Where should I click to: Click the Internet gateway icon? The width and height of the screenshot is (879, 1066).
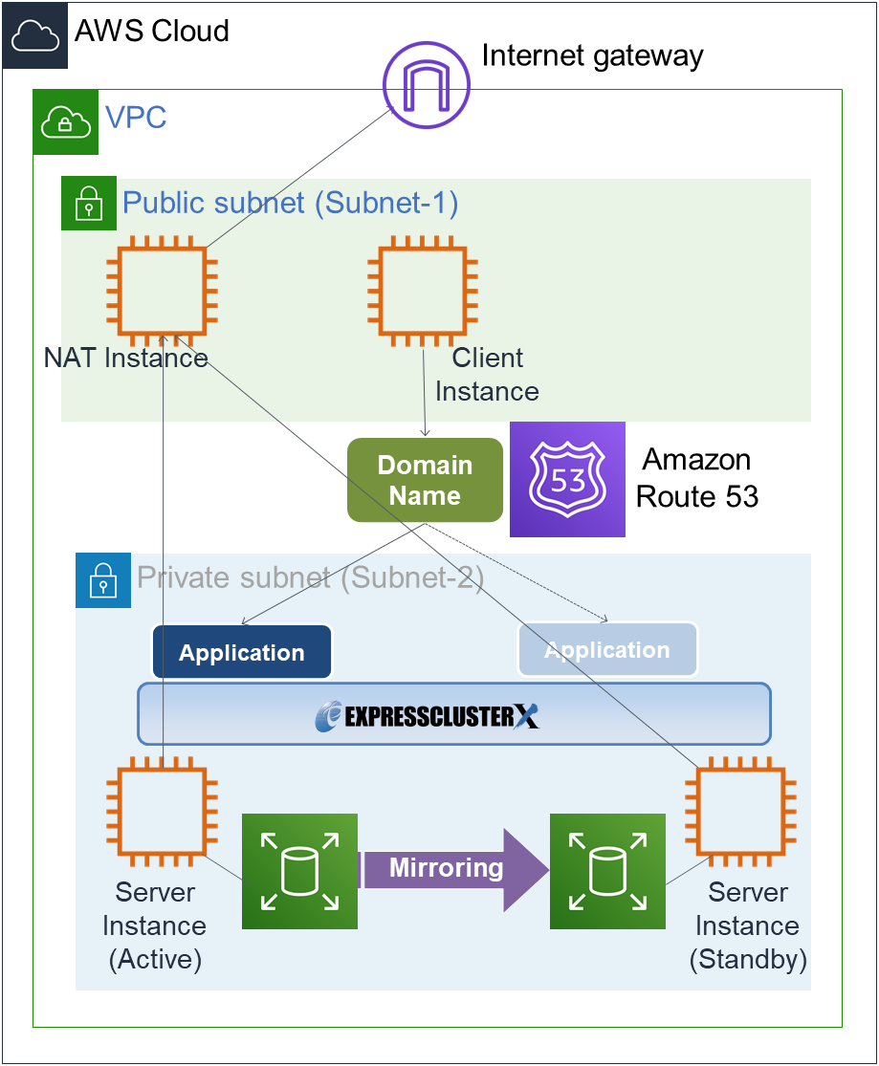point(427,83)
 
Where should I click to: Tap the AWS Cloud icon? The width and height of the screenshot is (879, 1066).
point(35,35)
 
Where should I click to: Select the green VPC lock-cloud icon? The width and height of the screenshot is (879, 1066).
point(66,121)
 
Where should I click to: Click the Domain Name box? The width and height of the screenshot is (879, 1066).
point(425,480)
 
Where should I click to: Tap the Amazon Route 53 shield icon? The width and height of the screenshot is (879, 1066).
point(567,479)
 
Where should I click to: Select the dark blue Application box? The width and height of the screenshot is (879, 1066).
point(242,652)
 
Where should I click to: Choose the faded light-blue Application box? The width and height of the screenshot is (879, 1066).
point(607,650)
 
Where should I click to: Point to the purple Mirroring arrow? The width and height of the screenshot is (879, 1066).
point(455,869)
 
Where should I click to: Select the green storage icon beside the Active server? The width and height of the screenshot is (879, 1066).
point(299,871)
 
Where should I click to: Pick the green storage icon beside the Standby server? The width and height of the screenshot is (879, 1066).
point(607,871)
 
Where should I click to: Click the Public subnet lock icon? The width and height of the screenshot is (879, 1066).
point(89,203)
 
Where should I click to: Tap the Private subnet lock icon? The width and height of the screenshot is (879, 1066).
point(102,579)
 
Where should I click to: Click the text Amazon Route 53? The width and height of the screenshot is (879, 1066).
point(697,478)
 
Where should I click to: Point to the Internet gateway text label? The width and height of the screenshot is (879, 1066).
point(592,55)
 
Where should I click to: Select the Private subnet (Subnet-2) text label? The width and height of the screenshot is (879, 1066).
point(311,577)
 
